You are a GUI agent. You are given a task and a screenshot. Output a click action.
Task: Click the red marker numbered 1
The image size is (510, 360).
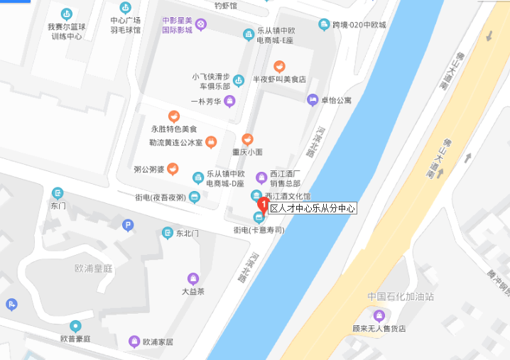(263, 205)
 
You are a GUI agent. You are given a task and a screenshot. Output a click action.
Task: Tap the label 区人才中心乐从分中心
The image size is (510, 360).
(313, 209)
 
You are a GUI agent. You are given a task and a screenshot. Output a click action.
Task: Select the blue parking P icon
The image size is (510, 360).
(128, 226)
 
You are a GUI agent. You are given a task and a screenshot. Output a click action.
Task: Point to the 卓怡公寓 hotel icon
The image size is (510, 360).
(313, 101)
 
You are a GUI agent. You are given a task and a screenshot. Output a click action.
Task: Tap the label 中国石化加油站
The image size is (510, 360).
(401, 296)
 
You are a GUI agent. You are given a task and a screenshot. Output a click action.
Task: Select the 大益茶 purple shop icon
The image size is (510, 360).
(192, 278)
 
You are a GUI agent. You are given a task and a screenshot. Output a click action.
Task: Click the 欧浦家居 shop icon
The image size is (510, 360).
(134, 342)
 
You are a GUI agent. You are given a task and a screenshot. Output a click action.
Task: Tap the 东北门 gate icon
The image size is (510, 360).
(167, 232)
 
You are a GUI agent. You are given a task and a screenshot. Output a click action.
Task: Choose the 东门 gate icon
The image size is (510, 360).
(58, 192)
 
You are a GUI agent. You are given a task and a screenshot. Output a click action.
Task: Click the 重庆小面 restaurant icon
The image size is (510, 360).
(247, 138)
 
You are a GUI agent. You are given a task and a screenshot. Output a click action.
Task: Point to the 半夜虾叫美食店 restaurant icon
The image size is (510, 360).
(279, 67)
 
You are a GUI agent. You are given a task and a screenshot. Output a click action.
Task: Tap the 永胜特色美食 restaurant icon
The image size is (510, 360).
(173, 116)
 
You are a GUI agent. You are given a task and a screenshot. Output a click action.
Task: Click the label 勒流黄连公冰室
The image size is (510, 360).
(175, 143)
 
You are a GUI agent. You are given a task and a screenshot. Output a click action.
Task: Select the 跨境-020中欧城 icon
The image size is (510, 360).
(324, 24)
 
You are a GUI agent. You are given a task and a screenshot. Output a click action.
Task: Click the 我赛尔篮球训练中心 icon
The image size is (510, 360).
(66, 13)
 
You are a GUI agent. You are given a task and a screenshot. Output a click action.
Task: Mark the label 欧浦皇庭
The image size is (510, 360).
(93, 268)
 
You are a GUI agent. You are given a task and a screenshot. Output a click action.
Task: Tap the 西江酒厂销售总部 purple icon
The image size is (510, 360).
(261, 176)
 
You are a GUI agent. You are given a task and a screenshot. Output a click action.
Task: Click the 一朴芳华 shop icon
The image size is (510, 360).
(229, 101)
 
